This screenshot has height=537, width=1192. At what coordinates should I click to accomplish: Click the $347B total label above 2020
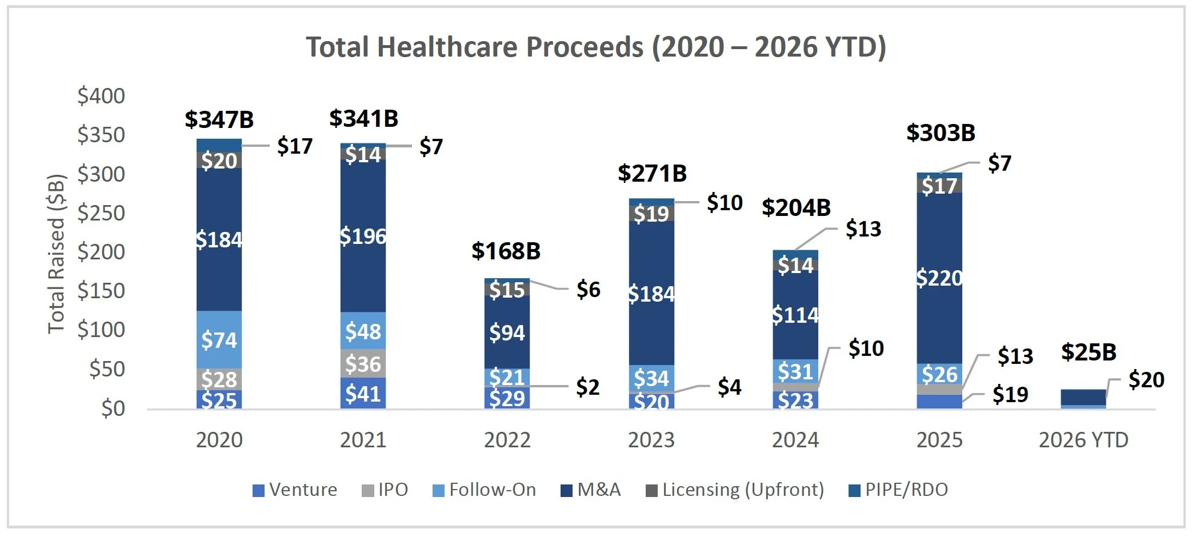pos(219,119)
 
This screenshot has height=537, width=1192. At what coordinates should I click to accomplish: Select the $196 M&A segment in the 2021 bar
pos(363,236)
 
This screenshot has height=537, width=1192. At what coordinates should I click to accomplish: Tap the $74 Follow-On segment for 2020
pos(219,340)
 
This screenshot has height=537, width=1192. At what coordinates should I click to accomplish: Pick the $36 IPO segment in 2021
pos(363,364)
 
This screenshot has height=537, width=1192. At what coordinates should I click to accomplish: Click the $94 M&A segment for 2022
pos(507,332)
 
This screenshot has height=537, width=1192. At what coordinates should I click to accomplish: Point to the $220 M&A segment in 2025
pos(939,278)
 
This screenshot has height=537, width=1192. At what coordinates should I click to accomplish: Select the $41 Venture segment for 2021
pos(363,394)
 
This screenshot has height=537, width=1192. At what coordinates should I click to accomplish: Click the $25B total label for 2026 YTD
pos(1089,352)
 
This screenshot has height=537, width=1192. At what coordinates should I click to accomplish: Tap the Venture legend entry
pos(295,490)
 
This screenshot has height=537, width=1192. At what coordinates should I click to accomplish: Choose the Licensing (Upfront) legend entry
pos(735,490)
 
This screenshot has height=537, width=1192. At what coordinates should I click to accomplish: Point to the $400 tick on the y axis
pos(101,95)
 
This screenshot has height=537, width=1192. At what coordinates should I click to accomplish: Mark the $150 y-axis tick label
pos(101,290)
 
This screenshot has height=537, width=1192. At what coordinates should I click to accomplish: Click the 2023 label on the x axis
pos(651,440)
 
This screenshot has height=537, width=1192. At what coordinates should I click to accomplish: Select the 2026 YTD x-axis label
pos(1083,440)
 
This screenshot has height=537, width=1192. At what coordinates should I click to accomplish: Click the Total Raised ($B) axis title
pos(56,254)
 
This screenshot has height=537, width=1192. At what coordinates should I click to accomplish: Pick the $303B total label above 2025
pos(941,133)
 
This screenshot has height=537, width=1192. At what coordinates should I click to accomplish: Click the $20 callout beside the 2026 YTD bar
pos(1146,379)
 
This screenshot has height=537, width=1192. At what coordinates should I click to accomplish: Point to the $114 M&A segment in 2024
pos(795,315)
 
